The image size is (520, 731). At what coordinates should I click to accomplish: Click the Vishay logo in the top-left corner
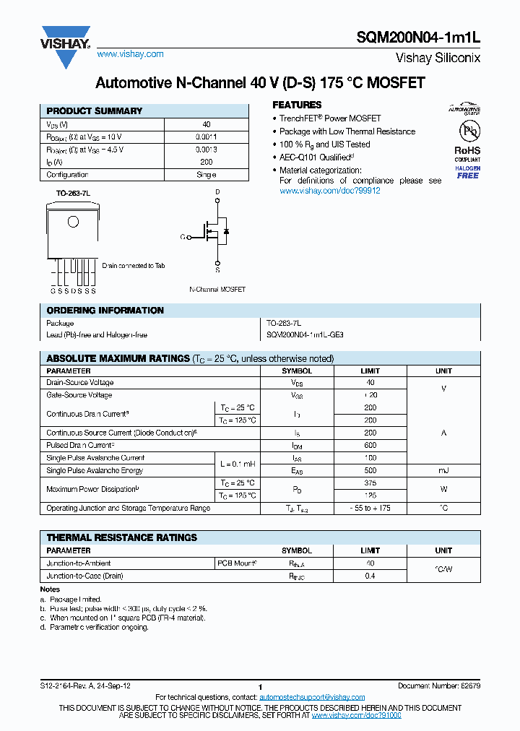[66, 40]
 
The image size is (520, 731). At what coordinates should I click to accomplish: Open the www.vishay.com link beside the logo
[130, 54]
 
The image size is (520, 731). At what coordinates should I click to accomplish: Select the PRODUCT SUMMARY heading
[95, 111]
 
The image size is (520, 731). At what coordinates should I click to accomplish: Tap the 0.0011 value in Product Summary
[206, 137]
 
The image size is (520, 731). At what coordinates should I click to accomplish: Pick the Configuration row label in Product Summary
[67, 175]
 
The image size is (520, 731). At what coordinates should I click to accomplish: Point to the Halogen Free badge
[467, 172]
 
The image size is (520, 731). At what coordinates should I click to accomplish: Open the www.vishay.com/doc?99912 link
[329, 191]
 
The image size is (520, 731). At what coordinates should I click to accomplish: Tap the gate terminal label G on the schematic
[183, 236]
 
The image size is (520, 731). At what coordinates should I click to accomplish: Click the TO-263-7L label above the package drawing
[73, 194]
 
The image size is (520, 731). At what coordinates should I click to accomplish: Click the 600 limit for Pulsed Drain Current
[370, 446]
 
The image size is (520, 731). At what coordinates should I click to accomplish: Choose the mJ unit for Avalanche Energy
[443, 471]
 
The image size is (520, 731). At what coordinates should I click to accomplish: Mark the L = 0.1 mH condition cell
[237, 464]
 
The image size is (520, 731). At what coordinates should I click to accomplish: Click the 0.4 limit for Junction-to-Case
[370, 576]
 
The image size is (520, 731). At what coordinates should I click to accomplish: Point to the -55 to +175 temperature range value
[370, 509]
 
